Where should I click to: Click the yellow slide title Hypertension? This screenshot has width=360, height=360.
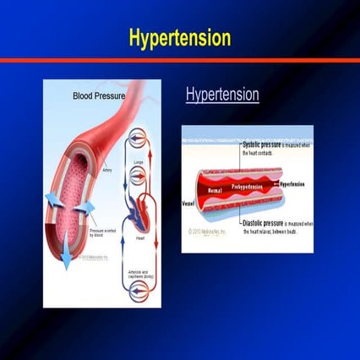coord(179,38)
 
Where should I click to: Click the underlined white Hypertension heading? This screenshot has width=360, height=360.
coord(222,95)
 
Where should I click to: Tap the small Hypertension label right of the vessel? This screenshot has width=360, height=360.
coord(292,183)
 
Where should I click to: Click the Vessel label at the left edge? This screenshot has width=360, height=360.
coord(188,204)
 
